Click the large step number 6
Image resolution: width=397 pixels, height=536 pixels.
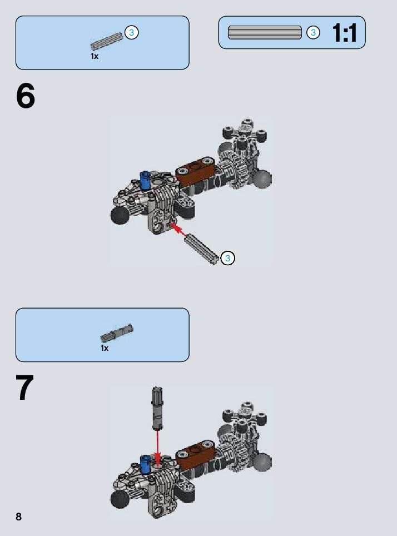(x=26, y=96)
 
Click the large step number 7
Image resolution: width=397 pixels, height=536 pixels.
(x=24, y=388)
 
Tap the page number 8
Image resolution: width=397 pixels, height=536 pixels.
(x=18, y=517)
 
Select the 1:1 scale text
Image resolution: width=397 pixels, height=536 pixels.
(x=345, y=33)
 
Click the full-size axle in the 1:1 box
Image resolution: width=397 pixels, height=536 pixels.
(x=265, y=32)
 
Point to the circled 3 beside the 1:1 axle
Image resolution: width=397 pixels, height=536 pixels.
(x=313, y=33)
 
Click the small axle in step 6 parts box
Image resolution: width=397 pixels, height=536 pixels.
(x=107, y=41)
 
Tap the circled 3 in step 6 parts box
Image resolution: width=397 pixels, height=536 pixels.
(x=132, y=32)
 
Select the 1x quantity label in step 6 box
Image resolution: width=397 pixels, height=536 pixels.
(x=95, y=56)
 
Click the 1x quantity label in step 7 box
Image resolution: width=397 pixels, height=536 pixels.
(x=105, y=348)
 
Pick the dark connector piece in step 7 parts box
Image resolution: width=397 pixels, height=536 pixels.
(x=117, y=333)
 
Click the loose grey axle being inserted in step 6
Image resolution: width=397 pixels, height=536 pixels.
(x=201, y=249)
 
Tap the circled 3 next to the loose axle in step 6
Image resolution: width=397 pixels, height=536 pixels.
(x=228, y=258)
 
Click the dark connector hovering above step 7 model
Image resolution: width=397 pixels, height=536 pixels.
(x=157, y=408)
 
